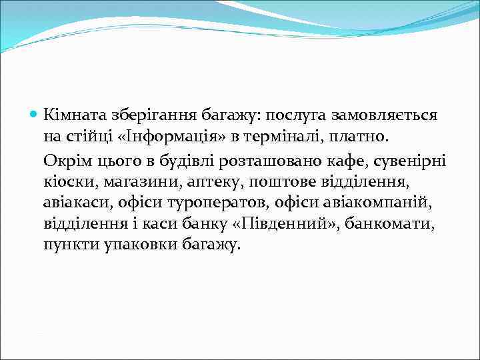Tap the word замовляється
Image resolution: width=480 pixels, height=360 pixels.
pos(378,115)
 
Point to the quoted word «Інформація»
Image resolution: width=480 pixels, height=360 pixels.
pos(171,137)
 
